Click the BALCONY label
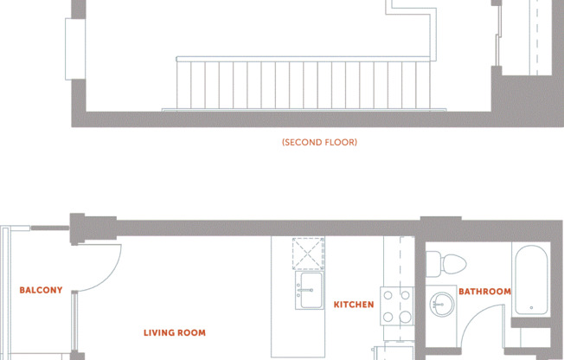(x=41, y=291)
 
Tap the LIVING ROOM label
(x=175, y=332)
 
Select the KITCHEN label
(x=354, y=305)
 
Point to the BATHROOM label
(x=484, y=292)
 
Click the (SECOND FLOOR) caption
(x=319, y=142)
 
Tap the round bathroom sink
(x=442, y=303)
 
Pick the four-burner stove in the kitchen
(x=397, y=305)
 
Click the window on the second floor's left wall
(x=76, y=48)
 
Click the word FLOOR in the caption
(x=340, y=142)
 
